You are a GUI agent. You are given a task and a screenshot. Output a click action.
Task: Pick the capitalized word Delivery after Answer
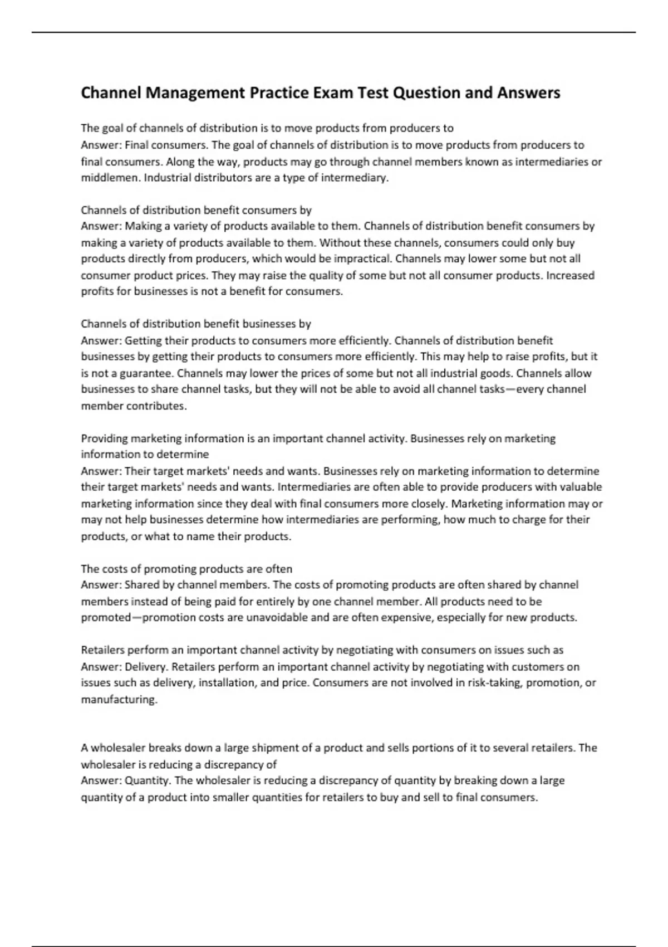click(x=145, y=667)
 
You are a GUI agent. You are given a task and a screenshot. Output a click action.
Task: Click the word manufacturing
click(x=119, y=700)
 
